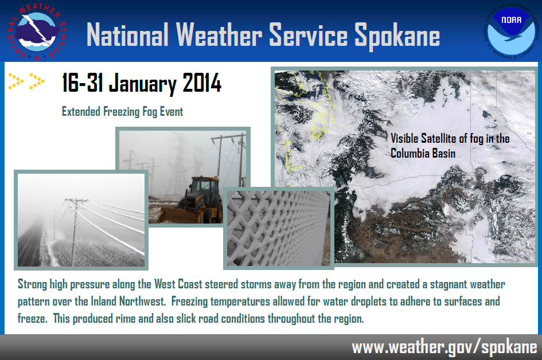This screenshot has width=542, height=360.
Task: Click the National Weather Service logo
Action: coord(37,32)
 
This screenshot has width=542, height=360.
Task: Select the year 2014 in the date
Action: coord(202,83)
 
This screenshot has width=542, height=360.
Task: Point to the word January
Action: coord(143,84)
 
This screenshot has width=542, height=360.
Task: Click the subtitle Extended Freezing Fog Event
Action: coord(122,112)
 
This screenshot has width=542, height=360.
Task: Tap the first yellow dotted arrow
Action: coord(16,81)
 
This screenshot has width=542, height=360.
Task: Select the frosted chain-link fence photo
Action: coord(279,228)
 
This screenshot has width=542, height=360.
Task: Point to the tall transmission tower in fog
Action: coord(179,162)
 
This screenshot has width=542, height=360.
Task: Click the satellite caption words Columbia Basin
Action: coord(423,154)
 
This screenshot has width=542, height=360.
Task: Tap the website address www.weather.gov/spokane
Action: coord(444,347)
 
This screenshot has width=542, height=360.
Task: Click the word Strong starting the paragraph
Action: coord(33,285)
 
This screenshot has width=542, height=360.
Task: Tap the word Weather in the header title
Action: coord(219,34)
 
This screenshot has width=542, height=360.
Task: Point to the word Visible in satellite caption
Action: coord(404,138)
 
